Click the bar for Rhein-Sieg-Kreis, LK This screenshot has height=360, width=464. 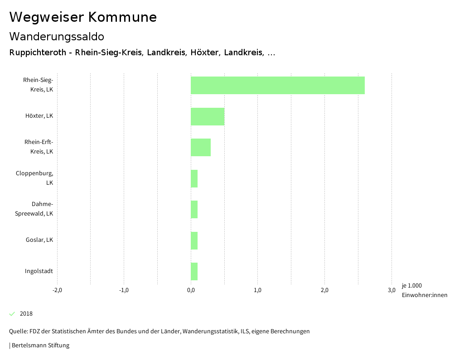tap(277, 85)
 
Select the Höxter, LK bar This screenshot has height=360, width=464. tap(208, 116)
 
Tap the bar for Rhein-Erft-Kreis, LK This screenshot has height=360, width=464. tap(201, 147)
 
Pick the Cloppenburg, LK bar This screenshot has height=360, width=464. tap(194, 178)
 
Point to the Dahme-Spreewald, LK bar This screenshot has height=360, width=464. tap(194, 209)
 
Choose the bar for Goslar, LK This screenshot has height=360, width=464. tap(194, 240)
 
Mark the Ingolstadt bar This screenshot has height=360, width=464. tap(194, 271)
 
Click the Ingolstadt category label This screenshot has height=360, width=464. tap(39, 271)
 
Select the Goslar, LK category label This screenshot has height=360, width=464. tap(39, 240)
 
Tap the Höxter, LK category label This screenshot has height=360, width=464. tap(39, 116)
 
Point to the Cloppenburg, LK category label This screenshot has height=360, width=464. tap(34, 178)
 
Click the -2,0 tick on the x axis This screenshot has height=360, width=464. tap(57, 290)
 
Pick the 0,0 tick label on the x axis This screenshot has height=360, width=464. tap(191, 290)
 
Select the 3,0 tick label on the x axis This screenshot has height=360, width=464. tap(391, 290)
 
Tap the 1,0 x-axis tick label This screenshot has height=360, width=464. tap(258, 290)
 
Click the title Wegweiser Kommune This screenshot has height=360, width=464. tap(83, 17)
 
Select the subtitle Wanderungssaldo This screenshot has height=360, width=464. tap(57, 36)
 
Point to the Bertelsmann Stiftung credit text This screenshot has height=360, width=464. tap(40, 346)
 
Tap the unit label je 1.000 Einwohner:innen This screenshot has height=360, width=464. tap(424, 290)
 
